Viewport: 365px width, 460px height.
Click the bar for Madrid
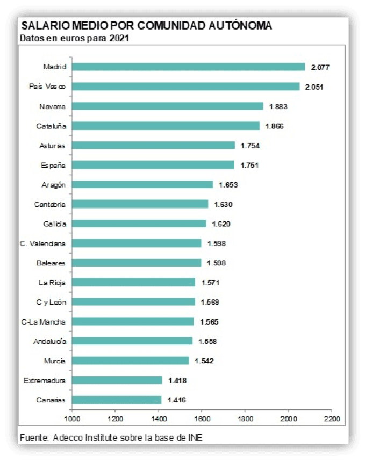pos(188,67)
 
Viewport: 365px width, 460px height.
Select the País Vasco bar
pos(185,87)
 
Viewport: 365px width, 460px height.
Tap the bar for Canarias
pos(117,400)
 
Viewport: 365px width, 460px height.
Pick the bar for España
pos(153,165)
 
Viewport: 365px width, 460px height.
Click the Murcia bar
pos(131,361)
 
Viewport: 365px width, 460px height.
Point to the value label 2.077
pos(320,67)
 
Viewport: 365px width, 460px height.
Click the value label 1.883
pos(277,106)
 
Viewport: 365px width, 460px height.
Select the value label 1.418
pos(177,380)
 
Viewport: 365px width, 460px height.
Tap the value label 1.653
pos(228,184)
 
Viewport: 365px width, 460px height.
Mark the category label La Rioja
pos(53,282)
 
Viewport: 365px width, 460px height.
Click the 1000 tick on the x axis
pos(71,417)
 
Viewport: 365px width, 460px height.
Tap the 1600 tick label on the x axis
pos(202,417)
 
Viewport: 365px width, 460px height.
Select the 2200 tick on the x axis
pos(332,417)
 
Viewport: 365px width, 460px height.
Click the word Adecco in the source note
pos(66,438)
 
